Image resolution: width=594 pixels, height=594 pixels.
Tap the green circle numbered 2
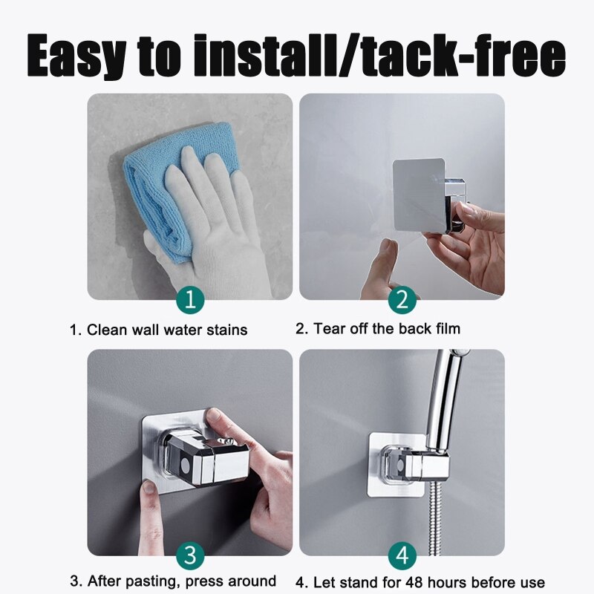pos(402,300)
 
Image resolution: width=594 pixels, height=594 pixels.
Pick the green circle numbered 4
pos(402,555)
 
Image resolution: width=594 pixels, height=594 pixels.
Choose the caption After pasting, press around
pos(173,581)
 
